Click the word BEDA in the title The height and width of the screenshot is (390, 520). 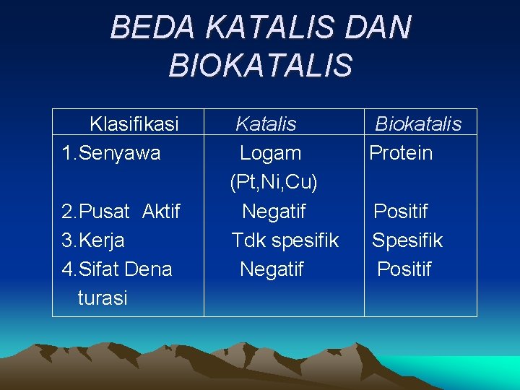pyautogui.click(x=153, y=28)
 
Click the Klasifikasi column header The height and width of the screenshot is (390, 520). pyautogui.click(x=134, y=124)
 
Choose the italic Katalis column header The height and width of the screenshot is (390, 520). pyautogui.click(x=266, y=124)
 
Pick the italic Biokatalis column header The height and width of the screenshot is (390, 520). pyautogui.click(x=417, y=124)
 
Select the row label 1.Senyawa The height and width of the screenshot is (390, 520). pyautogui.click(x=111, y=153)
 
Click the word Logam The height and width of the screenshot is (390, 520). pyautogui.click(x=270, y=153)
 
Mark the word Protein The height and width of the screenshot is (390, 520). pyautogui.click(x=401, y=153)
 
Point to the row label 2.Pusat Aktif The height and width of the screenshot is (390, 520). pyautogui.click(x=121, y=212)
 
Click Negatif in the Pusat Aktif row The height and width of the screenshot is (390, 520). pyautogui.click(x=273, y=212)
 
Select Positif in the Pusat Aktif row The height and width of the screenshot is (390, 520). pyautogui.click(x=400, y=212)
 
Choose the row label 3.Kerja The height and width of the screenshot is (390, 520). pyautogui.click(x=93, y=240)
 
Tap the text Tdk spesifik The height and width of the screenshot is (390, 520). pyautogui.click(x=285, y=240)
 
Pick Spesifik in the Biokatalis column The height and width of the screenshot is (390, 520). pyautogui.click(x=407, y=240)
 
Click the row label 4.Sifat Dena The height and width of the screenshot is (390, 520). pyautogui.click(x=117, y=269)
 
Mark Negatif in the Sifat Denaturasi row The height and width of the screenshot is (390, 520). pyautogui.click(x=272, y=269)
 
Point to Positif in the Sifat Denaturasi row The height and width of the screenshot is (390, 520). pyautogui.click(x=404, y=269)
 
